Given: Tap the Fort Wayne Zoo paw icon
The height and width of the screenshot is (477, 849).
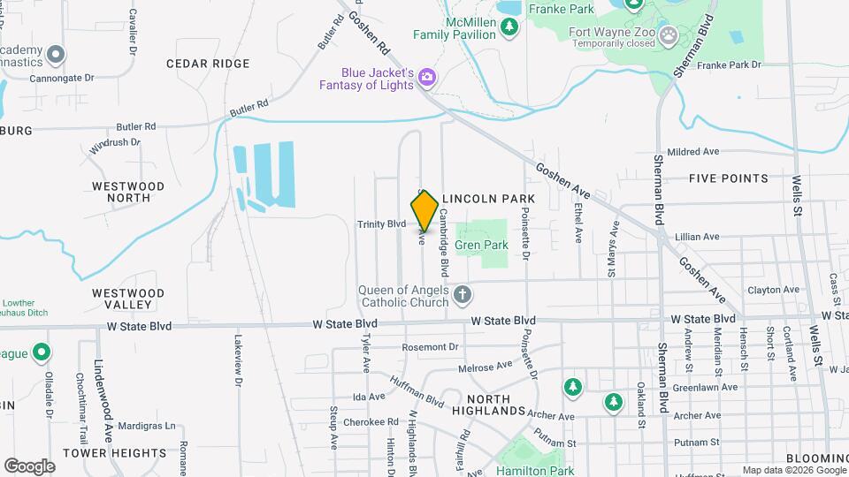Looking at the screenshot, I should tap(669, 36).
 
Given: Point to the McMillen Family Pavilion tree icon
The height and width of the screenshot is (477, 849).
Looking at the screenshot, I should tap(509, 26).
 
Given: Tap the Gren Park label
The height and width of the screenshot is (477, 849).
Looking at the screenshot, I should tap(481, 245).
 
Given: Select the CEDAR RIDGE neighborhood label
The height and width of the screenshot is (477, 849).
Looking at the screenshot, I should tap(208, 64).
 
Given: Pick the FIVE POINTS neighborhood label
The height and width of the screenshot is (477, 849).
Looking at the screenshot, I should tap(729, 178).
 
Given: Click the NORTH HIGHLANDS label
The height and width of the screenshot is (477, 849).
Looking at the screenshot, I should tap(488, 404).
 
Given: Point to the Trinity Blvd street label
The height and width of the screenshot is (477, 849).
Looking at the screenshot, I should tap(381, 224).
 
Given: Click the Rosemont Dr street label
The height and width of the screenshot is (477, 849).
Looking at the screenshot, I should tap(431, 347).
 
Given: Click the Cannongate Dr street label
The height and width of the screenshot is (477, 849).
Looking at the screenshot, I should tap(62, 79).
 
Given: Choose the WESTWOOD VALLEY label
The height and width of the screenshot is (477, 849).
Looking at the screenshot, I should tap(128, 299).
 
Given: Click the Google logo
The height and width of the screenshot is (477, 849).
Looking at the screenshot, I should tap(29, 466).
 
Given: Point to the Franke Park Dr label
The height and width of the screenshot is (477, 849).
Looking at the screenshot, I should tap(730, 64).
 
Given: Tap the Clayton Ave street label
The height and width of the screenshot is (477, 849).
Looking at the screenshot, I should tap(773, 290).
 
